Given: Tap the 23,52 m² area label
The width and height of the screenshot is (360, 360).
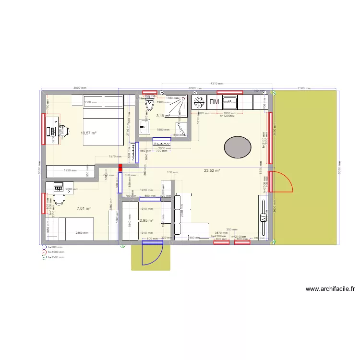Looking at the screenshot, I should pyautogui.click(x=212, y=170).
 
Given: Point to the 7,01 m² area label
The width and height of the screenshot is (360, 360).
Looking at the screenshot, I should pyautogui.click(x=84, y=208).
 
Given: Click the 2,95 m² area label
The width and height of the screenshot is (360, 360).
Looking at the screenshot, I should pyautogui.click(x=146, y=220).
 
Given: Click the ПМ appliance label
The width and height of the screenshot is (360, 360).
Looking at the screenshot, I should pyautogui.click(x=214, y=102).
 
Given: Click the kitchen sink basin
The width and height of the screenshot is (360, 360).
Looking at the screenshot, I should pyautogui.click(x=229, y=102).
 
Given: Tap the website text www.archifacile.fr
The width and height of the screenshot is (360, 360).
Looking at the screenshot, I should pyautogui.click(x=330, y=289).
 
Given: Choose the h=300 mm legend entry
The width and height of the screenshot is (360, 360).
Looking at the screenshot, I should pyautogui.click(x=54, y=247).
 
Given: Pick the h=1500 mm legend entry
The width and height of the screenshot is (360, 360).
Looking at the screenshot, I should pyautogui.click(x=55, y=257).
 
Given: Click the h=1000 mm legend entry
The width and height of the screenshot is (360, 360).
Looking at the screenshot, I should pyautogui.click(x=55, y=252).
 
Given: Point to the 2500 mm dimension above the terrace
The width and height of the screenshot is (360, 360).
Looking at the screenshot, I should pyautogui.click(x=304, y=88).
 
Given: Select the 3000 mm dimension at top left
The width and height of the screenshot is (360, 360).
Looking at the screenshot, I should pyautogui.click(x=80, y=88).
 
